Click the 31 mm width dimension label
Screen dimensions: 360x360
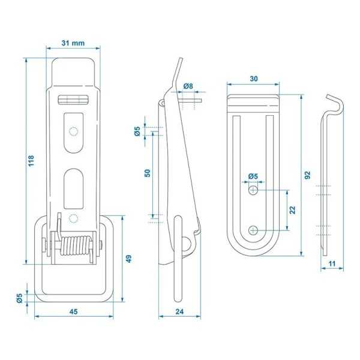[73, 43]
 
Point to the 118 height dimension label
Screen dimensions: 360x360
[31, 160]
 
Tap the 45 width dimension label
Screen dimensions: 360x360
[73, 312]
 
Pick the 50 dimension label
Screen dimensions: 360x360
[147, 173]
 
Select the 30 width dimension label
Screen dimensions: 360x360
[254, 79]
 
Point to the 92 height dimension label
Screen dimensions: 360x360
[307, 176]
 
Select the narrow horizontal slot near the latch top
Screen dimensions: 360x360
[73, 100]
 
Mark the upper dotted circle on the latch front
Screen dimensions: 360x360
[74, 131]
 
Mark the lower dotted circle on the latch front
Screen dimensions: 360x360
[74, 217]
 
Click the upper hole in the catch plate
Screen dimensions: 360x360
[254, 190]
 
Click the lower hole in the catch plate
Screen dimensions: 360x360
[254, 229]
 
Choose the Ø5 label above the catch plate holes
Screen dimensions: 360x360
[253, 176]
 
